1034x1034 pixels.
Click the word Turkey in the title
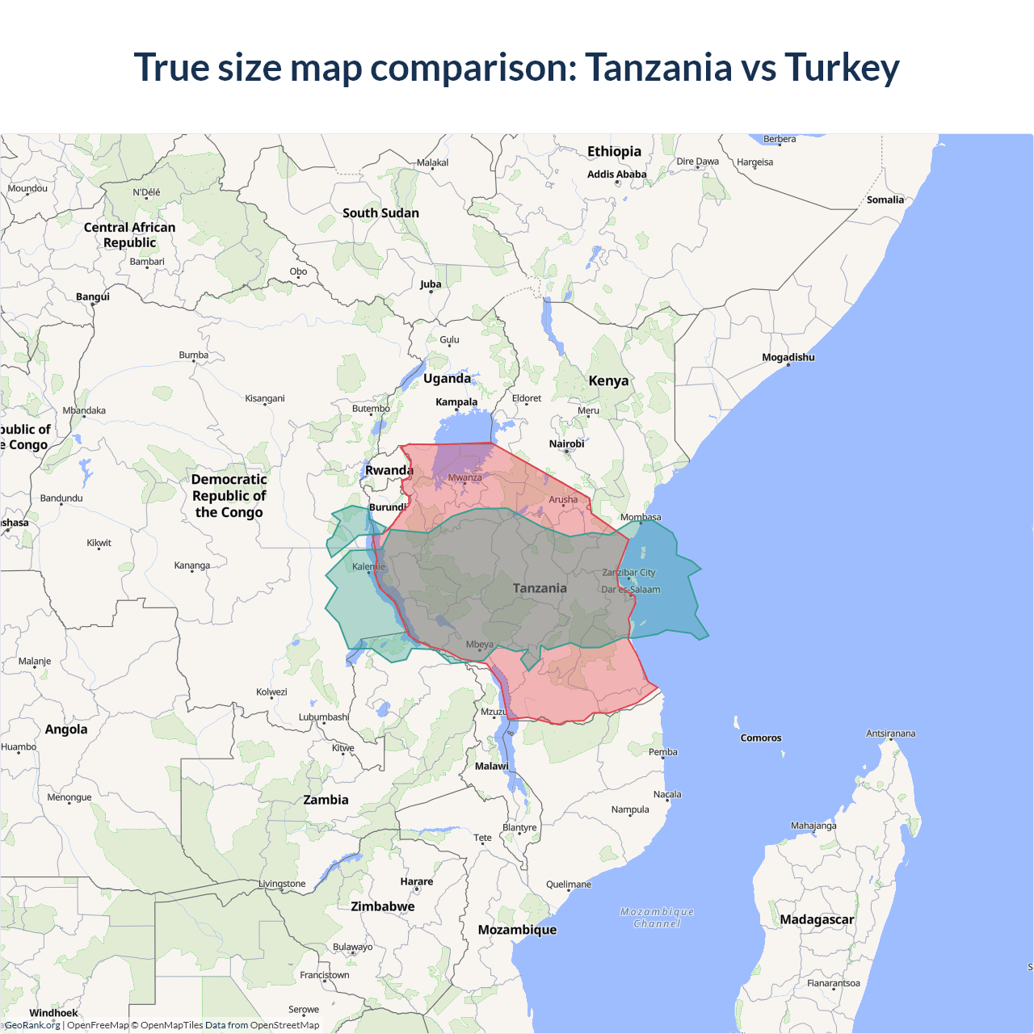[x=842, y=68]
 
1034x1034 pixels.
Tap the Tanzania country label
[x=540, y=588]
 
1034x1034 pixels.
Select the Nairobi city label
[x=566, y=443]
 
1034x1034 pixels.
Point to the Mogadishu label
[x=788, y=357]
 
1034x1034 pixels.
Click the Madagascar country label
[x=816, y=919]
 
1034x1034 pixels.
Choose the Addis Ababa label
[x=616, y=174]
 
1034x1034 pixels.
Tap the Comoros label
[x=760, y=738]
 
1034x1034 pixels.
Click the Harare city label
[x=416, y=881]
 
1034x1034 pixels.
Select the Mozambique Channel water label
[x=657, y=918]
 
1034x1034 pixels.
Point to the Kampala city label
[x=456, y=401]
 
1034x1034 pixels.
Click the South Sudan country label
[x=380, y=213]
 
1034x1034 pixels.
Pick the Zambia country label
[x=326, y=800]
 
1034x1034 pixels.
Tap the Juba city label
[x=431, y=284]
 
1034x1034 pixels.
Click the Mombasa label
[x=641, y=517]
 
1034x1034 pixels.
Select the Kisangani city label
[x=265, y=398]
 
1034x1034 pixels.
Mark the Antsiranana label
[x=890, y=733]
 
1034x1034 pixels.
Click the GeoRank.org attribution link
[x=32, y=1025]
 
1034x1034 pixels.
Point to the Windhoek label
[x=53, y=1013]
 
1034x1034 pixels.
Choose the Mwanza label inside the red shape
[x=464, y=477]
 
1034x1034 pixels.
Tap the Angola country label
[x=66, y=729]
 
